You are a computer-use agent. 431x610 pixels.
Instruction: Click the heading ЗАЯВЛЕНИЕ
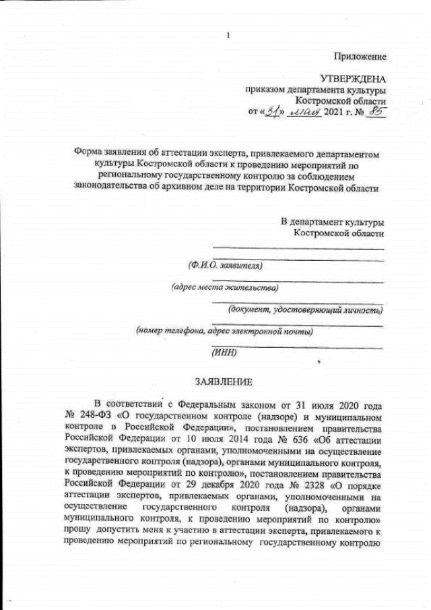(224, 382)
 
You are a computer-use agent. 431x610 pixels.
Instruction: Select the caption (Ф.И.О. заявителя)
(225, 266)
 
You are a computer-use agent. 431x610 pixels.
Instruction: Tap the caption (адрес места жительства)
(225, 288)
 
